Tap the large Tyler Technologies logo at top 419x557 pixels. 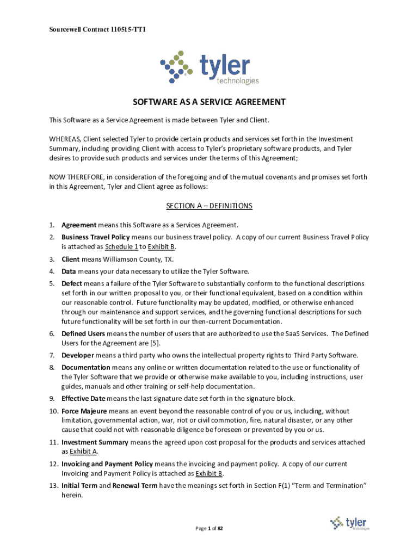click(209, 67)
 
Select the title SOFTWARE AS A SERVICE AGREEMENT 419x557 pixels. click(209, 102)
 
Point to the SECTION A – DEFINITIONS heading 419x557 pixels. click(209, 206)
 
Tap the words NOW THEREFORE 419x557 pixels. click(76, 177)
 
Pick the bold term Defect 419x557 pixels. click(72, 284)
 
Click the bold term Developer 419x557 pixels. click(78, 355)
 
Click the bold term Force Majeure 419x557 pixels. click(84, 411)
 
